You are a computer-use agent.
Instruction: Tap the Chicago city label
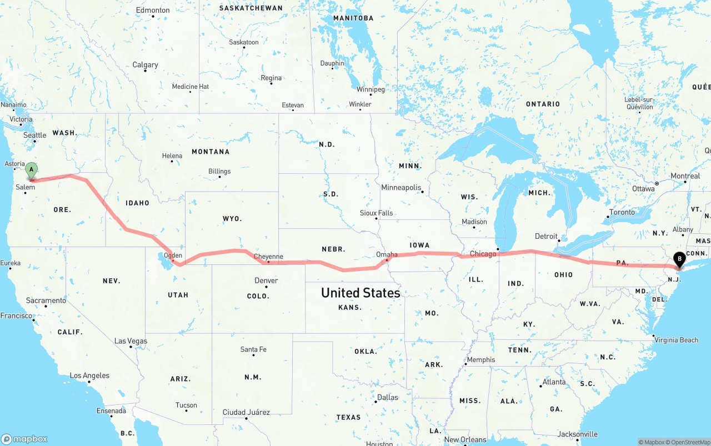483,254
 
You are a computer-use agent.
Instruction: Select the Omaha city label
387,254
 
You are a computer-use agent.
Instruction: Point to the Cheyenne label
268,257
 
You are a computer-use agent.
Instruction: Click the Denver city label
266,280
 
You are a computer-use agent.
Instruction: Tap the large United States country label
360,293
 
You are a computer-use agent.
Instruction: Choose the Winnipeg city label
370,89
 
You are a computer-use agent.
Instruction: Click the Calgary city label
145,65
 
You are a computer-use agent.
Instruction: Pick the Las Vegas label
131,341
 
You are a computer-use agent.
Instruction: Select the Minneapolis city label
401,188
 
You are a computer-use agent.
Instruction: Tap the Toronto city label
622,212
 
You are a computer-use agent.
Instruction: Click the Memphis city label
480,359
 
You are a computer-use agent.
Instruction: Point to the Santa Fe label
253,349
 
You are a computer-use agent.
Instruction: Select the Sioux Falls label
376,213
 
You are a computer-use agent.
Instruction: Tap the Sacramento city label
46,300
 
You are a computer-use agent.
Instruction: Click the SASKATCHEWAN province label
251,8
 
